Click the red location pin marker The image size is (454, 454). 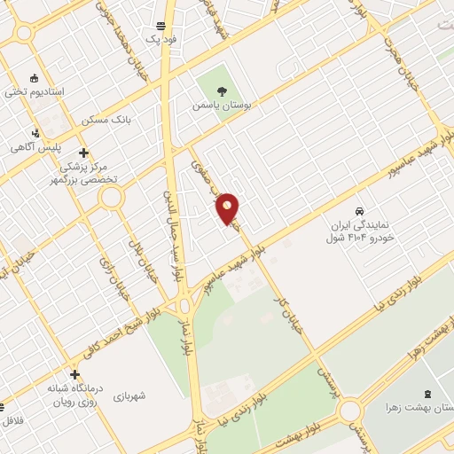tap(228, 208)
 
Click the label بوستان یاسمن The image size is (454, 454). tap(223, 105)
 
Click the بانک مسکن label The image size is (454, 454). tap(106, 120)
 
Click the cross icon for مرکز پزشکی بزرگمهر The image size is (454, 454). tap(83, 153)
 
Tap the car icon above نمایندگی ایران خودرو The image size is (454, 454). tap(358, 211)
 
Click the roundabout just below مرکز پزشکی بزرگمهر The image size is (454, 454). tap(111, 197)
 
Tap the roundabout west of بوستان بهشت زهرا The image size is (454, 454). tap(349, 411)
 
